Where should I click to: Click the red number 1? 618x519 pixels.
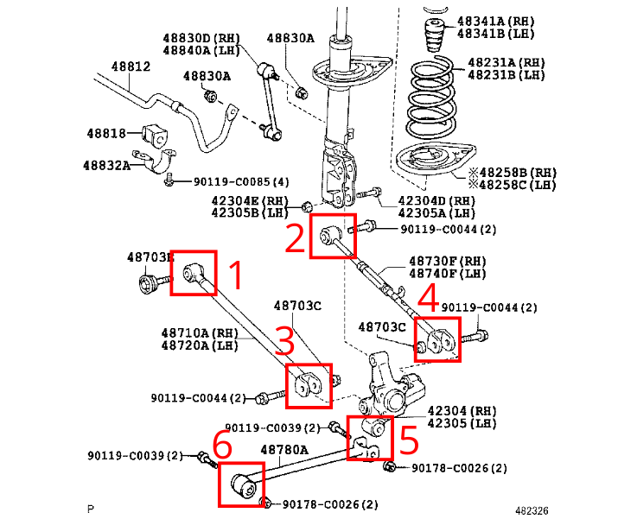tap(233, 276)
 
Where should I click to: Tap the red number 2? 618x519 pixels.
tap(296, 237)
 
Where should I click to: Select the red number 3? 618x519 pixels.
tap(284, 339)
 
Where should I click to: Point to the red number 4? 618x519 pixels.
tap(428, 301)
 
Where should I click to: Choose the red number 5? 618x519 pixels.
tap(409, 440)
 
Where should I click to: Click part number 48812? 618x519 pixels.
tap(131, 66)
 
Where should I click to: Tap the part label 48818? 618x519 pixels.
tap(106, 133)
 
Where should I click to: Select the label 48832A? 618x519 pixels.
tap(106, 164)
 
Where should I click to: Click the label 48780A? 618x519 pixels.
tap(284, 450)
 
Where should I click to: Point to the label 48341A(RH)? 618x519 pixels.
tap(496, 20)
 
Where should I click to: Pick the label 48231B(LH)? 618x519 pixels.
tap(507, 75)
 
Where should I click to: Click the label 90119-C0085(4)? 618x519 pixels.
tap(240, 182)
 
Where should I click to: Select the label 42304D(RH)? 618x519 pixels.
tap(436, 201)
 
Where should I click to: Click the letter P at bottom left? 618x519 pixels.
tap(91, 510)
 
